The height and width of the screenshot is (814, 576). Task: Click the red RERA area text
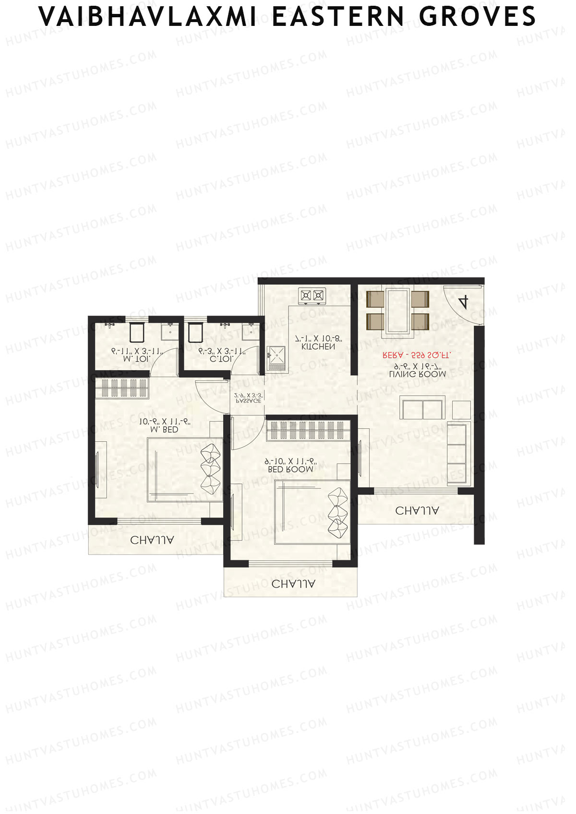tap(417, 355)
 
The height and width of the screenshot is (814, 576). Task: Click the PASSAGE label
tap(248, 401)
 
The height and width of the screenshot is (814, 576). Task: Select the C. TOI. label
tap(222, 358)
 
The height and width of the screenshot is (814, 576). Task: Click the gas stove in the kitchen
tap(312, 295)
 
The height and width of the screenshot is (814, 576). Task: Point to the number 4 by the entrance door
tap(463, 302)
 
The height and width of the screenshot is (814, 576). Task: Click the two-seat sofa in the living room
tap(422, 408)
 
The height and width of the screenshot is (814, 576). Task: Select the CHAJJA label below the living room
tap(417, 511)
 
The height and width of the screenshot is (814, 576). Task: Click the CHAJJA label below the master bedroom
tap(152, 540)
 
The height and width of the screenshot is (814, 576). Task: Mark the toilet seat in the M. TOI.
tap(137, 332)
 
